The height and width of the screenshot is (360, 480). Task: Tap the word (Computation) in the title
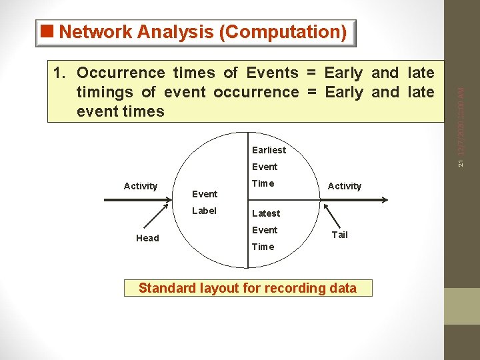pyautogui.click(x=283, y=32)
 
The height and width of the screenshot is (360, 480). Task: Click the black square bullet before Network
pyautogui.click(x=47, y=31)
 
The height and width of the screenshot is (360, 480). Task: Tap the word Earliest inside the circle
pyautogui.click(x=269, y=150)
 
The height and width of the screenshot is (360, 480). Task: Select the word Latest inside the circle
pyautogui.click(x=265, y=213)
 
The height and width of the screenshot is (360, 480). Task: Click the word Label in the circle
pyautogui.click(x=204, y=211)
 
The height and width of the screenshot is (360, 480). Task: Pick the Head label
pyautogui.click(x=147, y=238)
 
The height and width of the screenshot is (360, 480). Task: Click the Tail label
pyautogui.click(x=339, y=234)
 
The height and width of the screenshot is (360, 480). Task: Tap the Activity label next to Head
pyautogui.click(x=141, y=186)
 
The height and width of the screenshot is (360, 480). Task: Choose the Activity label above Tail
pyautogui.click(x=345, y=186)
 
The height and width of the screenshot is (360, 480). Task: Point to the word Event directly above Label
pyautogui.click(x=204, y=194)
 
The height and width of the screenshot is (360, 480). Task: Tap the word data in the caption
pyautogui.click(x=341, y=288)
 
